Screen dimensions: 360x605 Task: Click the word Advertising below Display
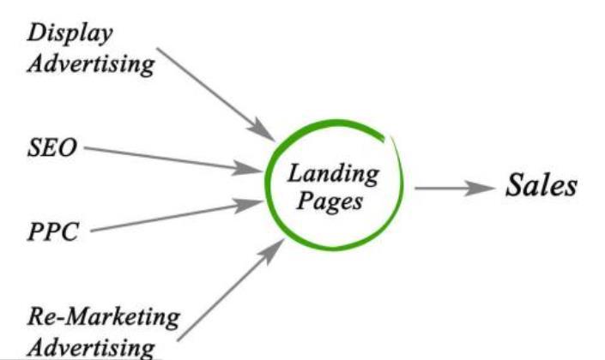91,63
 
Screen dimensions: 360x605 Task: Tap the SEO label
51,148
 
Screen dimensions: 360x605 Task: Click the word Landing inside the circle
332,175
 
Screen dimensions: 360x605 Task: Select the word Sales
541,186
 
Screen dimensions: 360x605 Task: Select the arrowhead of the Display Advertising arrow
263,132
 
